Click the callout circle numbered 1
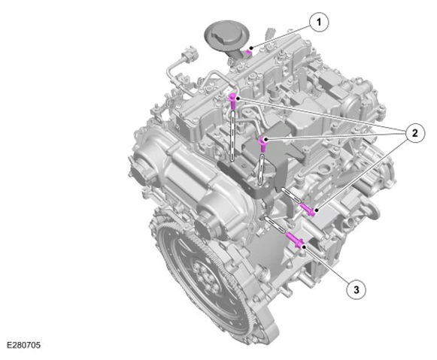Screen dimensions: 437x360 [x=319, y=23]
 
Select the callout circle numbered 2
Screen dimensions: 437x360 [x=415, y=133]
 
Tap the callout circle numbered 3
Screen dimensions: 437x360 [x=357, y=290]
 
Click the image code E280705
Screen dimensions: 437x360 [x=23, y=345]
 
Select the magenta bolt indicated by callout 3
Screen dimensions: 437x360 [x=296, y=241]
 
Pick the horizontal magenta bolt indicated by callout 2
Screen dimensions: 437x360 [x=308, y=210]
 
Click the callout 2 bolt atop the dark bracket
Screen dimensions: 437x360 [x=263, y=144]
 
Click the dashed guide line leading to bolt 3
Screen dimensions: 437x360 [x=275, y=225]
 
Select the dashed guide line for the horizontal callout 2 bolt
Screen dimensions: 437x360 [x=291, y=195]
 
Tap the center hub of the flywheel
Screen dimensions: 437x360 [x=205, y=275]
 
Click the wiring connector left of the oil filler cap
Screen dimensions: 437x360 [x=189, y=55]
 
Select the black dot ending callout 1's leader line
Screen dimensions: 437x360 [x=251, y=48]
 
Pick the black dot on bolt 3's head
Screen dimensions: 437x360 [x=304, y=247]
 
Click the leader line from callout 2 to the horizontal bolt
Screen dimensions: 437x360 [x=361, y=174]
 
